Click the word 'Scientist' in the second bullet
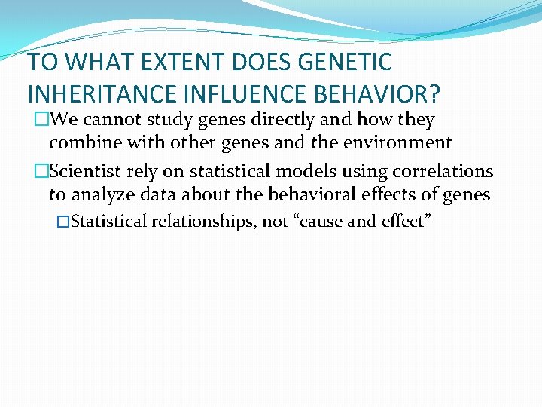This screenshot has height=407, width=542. [84, 172]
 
